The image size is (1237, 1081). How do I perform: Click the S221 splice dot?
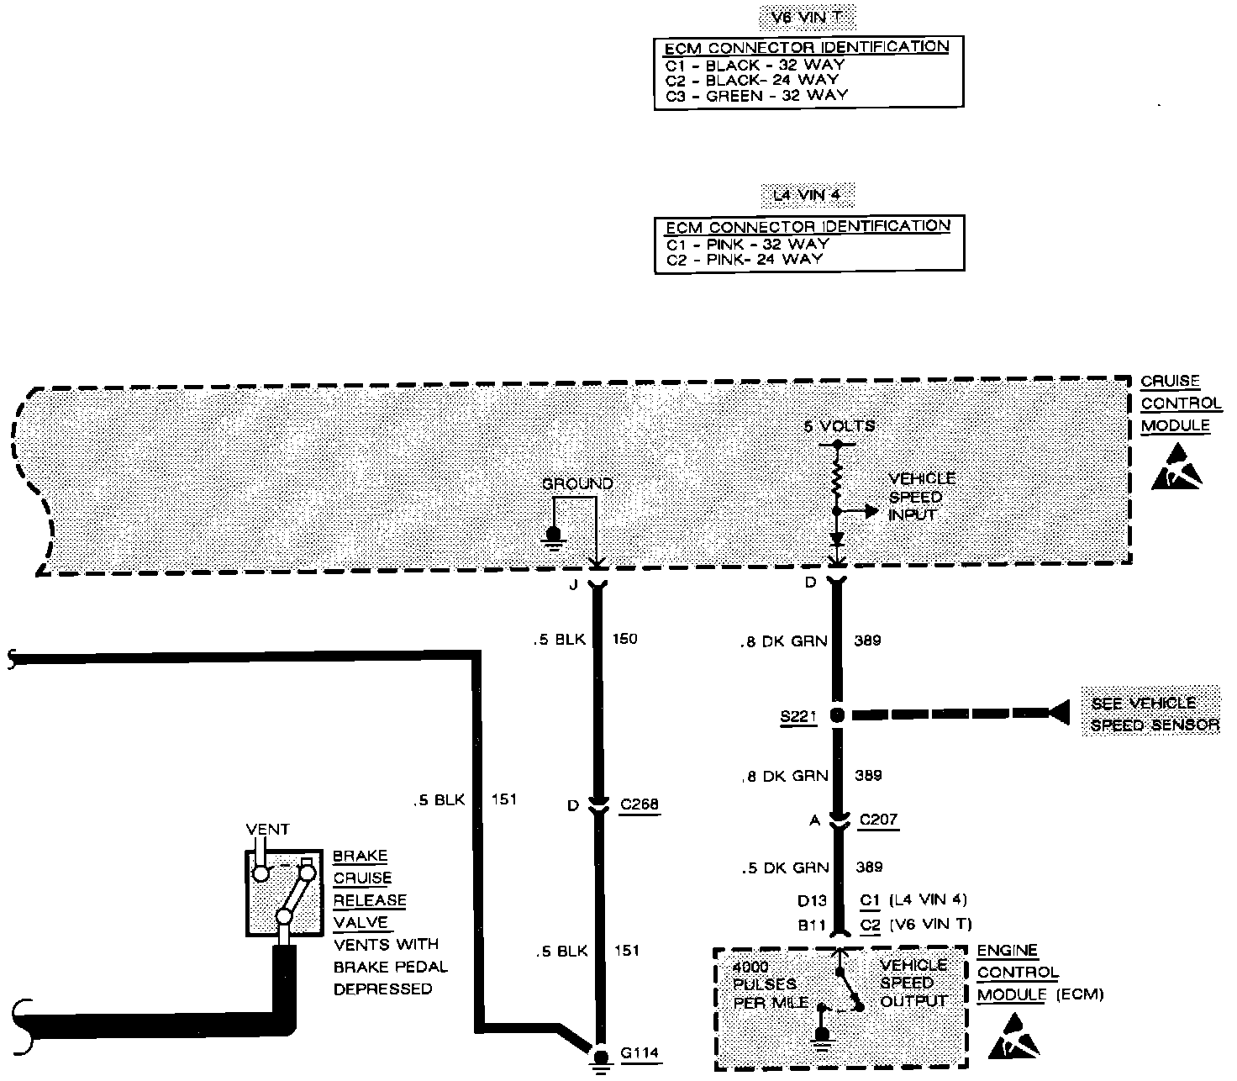pos(836,715)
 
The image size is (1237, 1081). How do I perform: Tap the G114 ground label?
pos(640,1052)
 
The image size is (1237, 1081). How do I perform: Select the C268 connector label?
pos(639,804)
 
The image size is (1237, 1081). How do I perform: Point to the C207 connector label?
pos(878,820)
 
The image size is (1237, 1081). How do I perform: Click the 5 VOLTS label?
pos(839,426)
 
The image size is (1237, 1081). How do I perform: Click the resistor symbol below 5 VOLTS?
pos(836,477)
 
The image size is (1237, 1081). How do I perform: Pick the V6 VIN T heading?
pos(808,17)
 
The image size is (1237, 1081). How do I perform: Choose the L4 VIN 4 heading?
pos(806,196)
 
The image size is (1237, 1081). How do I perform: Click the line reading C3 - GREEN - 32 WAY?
pos(756,96)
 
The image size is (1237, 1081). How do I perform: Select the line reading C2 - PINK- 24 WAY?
pos(744,260)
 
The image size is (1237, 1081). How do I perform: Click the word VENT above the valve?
pos(267,830)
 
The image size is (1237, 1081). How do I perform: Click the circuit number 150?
pos(624,639)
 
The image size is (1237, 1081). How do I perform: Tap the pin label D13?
pos(813,900)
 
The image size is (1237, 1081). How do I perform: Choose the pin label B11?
pos(813,925)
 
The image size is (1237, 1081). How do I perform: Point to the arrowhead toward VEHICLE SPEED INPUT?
pos(871,511)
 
